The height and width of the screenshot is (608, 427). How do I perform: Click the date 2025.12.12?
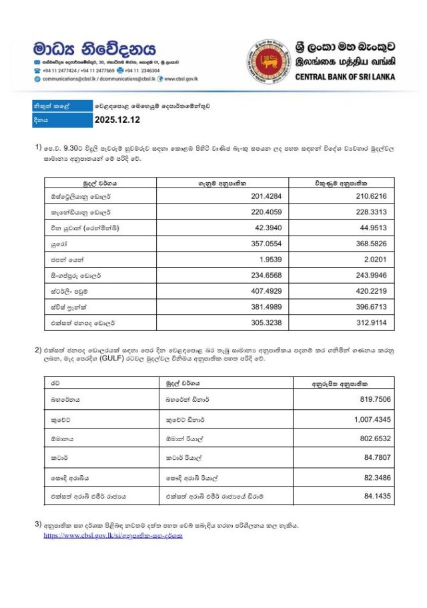click(117, 121)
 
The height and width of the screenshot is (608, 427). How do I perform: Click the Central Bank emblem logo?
click(269, 61)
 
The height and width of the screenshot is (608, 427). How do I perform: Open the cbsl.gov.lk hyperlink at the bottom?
click(113, 536)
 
